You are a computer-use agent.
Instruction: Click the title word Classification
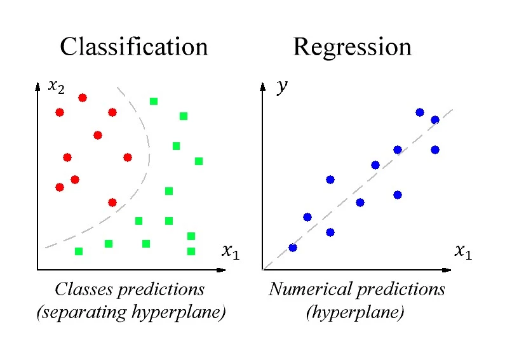click(133, 47)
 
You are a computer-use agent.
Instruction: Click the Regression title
click(352, 47)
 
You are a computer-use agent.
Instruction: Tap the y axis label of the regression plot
click(281, 88)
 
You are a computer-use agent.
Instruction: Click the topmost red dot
click(83, 98)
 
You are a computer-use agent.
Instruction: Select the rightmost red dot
click(128, 157)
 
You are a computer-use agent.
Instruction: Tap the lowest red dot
click(112, 203)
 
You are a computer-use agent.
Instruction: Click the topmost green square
click(154, 101)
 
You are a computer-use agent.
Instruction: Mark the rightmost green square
click(199, 161)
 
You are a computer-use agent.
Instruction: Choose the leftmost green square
click(79, 251)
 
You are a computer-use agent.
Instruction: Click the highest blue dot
click(420, 112)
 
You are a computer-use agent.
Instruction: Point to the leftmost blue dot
click(293, 248)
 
